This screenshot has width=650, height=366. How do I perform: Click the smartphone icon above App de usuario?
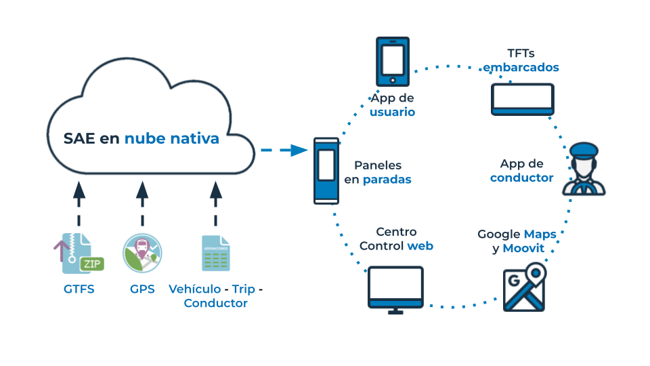[393, 61]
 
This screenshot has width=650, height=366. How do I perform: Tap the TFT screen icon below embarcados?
[522, 99]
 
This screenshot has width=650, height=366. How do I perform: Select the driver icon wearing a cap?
[584, 170]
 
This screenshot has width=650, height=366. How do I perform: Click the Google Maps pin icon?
[524, 289]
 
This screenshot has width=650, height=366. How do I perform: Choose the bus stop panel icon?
[326, 171]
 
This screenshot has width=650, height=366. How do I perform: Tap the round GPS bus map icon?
[142, 253]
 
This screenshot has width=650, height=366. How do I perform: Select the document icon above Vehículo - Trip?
[215, 253]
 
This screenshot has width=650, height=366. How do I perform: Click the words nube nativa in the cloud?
[172, 138]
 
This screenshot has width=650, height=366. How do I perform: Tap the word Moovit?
[523, 248]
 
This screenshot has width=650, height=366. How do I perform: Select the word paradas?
[387, 180]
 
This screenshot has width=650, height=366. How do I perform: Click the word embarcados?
[521, 67]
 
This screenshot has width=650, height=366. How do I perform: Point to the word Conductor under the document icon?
[215, 303]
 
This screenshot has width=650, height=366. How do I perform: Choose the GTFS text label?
[79, 289]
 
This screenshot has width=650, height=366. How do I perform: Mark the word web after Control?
[420, 245]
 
